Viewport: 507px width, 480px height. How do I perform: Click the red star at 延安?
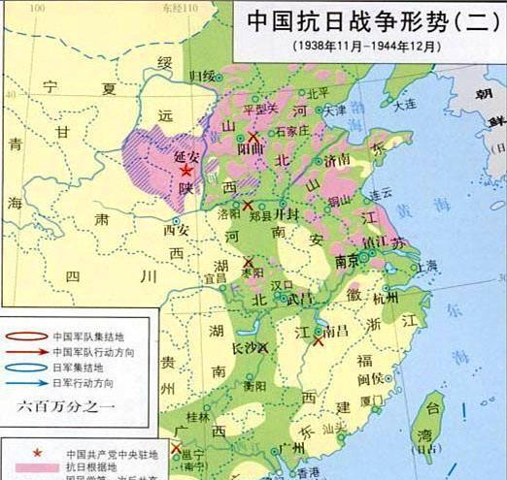coord(186,171)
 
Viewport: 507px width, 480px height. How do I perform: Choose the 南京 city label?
coord(348,261)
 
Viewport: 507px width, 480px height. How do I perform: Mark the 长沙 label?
coord(245,345)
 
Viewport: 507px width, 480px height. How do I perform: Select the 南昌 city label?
coord(336,332)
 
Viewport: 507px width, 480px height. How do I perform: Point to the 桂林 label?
coord(197,417)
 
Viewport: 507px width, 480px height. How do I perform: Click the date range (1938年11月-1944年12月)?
coord(363,46)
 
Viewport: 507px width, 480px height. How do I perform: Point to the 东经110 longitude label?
coord(196,7)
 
